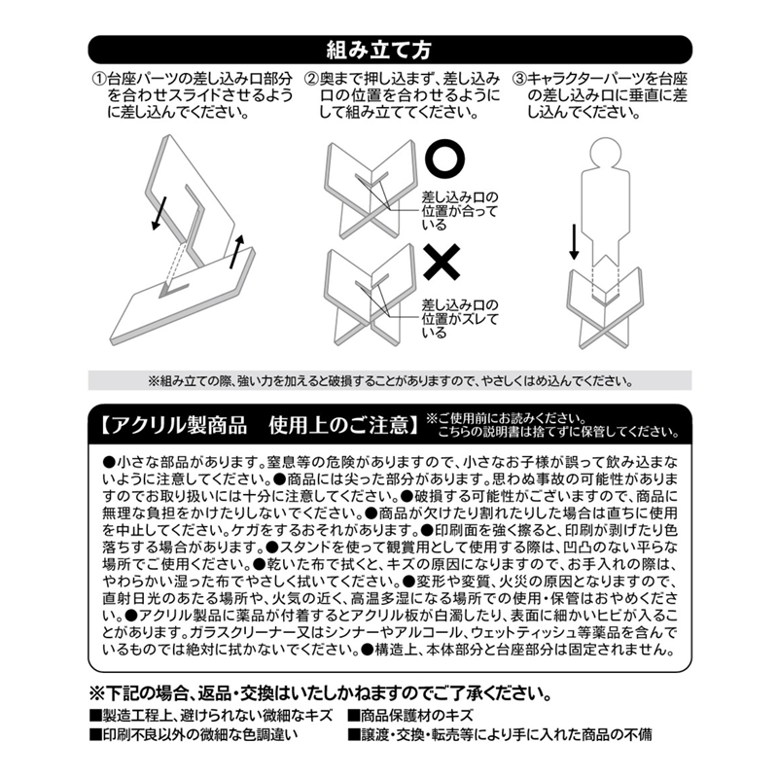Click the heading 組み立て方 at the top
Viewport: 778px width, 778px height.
(x=389, y=49)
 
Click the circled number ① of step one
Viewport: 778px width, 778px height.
(x=98, y=79)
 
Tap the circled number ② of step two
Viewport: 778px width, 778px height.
(x=311, y=79)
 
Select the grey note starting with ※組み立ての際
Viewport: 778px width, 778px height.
(x=389, y=380)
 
